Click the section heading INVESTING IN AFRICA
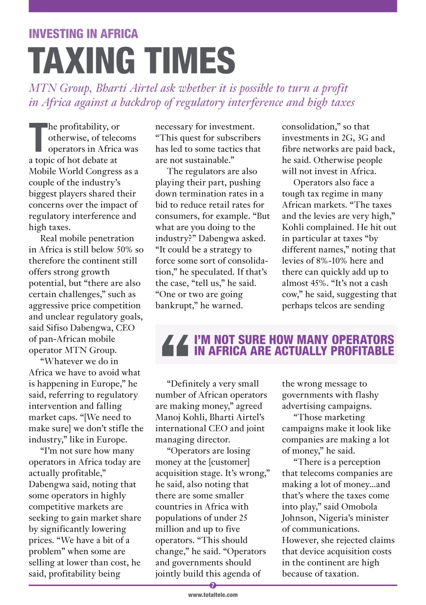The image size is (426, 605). (84, 34)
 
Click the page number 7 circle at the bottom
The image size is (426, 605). (213, 585)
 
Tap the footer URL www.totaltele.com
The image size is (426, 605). (213, 595)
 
